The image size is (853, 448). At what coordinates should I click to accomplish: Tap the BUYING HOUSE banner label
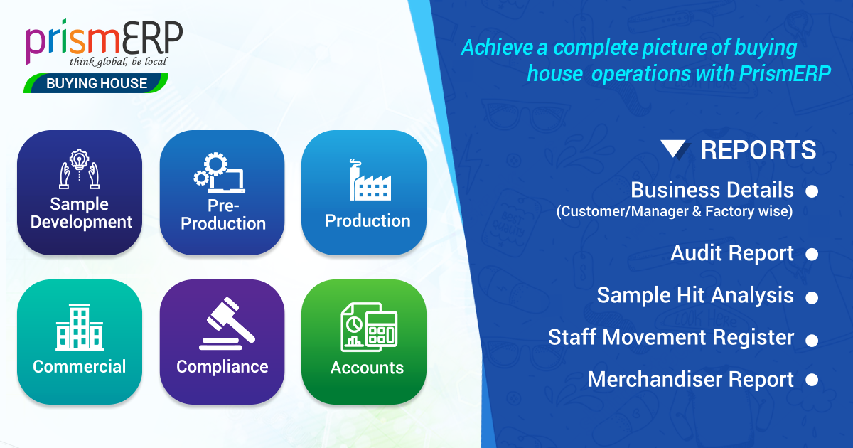coord(97,84)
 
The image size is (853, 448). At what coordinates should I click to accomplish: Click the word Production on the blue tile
coord(368,221)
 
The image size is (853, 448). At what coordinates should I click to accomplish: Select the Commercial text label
coord(80,367)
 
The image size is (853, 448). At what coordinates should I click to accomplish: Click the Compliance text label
coord(222,367)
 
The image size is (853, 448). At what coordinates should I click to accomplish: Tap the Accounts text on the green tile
coord(367,368)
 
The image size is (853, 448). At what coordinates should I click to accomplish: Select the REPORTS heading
coord(758,150)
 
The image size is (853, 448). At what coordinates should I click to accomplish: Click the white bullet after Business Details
coord(811,192)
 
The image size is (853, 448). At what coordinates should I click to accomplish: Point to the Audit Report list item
coord(732,254)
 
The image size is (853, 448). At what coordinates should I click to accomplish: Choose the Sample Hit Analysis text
coord(694,295)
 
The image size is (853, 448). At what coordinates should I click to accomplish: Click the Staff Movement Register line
coord(670,337)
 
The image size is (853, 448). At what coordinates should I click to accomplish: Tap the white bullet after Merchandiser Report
coord(811,380)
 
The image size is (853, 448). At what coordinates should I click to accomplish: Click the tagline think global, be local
coord(118,61)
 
